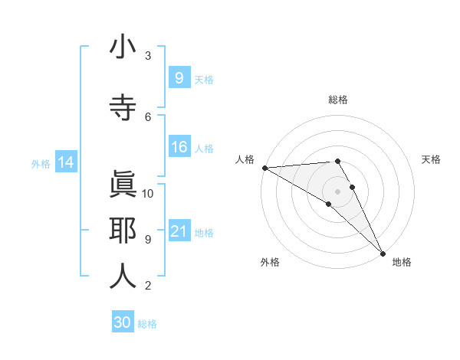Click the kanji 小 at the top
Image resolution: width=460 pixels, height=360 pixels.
click(x=123, y=47)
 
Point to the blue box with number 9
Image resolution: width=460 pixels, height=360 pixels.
click(x=179, y=78)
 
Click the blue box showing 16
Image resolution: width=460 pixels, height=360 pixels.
click(x=179, y=148)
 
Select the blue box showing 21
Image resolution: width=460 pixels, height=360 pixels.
click(x=179, y=231)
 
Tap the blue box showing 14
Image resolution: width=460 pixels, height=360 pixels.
click(x=66, y=162)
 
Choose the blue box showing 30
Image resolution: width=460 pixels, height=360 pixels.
click(x=123, y=322)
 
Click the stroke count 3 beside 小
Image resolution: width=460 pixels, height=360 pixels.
click(x=148, y=56)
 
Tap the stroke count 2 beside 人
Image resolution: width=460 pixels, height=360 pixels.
click(x=148, y=286)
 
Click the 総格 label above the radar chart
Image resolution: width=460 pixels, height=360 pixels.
click(x=338, y=100)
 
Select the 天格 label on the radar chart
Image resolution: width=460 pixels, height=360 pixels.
click(x=431, y=159)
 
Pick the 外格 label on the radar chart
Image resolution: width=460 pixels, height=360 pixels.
click(x=270, y=262)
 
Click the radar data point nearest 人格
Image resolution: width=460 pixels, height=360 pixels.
click(x=264, y=168)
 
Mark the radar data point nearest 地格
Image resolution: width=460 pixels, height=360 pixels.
click(x=383, y=252)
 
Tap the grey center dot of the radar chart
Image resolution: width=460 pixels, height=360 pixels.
click(x=337, y=191)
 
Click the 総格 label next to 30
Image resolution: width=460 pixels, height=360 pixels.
click(x=147, y=324)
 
